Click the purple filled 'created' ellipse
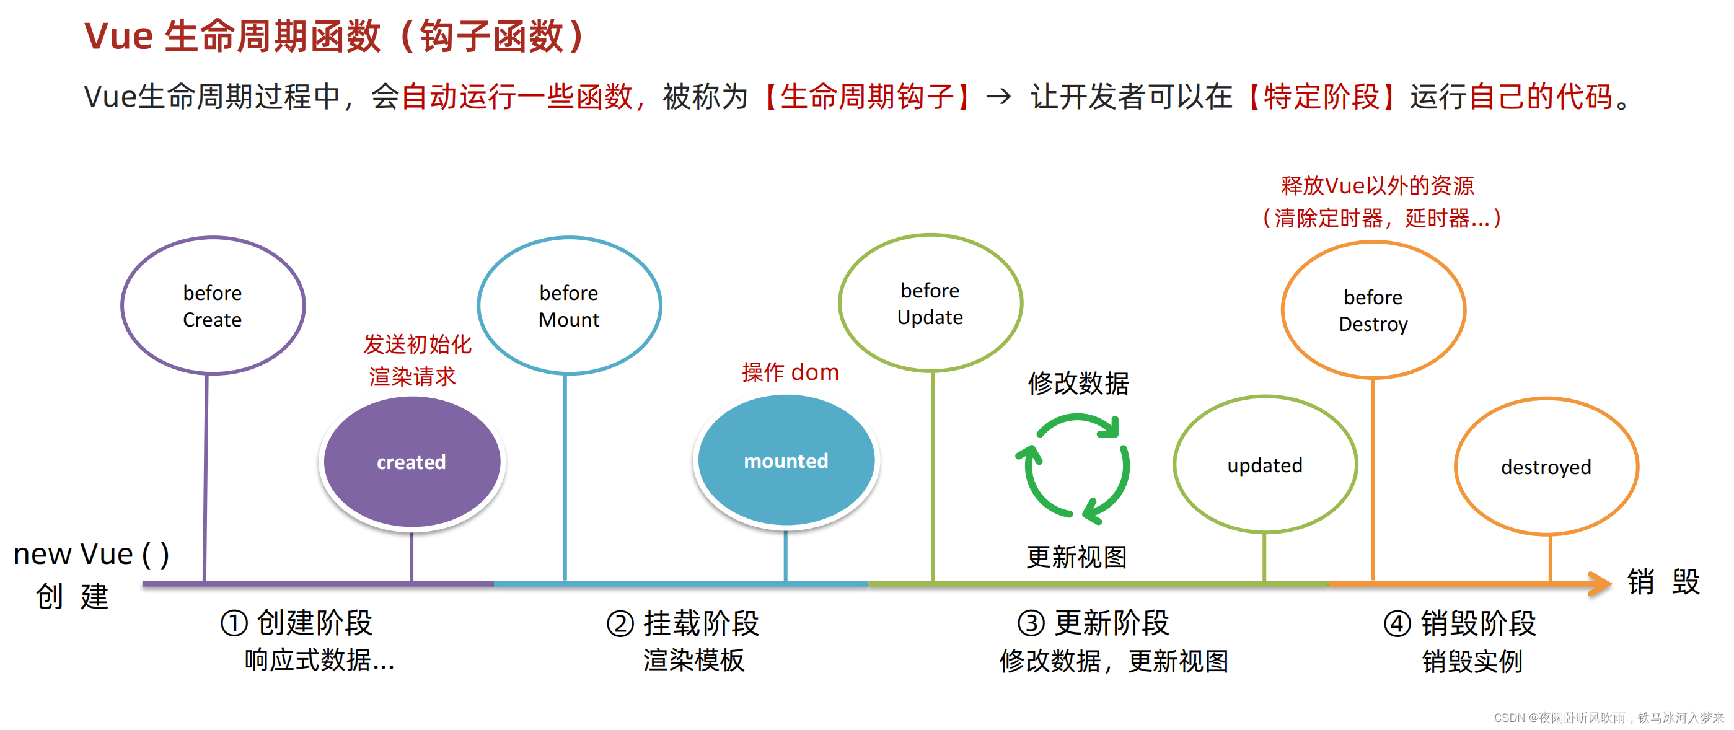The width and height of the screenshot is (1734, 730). pyautogui.click(x=411, y=462)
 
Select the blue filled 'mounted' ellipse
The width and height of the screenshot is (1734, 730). pyautogui.click(x=786, y=460)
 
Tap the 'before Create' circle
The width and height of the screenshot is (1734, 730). pyautogui.click(x=213, y=306)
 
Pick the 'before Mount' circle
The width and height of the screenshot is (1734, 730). pyautogui.click(x=569, y=306)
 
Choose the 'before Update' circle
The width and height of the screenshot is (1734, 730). pyautogui.click(x=930, y=303)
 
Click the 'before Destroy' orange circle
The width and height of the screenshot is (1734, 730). pyautogui.click(x=1373, y=310)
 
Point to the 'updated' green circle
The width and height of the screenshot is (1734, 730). pyautogui.click(x=1265, y=464)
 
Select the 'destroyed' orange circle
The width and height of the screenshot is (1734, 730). pyautogui.click(x=1546, y=466)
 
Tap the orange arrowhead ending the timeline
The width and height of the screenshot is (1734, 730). pyautogui.click(x=1600, y=583)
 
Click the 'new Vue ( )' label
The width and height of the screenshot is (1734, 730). pyautogui.click(x=91, y=554)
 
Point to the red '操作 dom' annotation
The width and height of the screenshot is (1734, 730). pyautogui.click(x=790, y=372)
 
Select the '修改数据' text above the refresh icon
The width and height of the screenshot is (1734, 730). pyautogui.click(x=1078, y=383)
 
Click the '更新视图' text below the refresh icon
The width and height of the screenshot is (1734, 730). pyautogui.click(x=1076, y=556)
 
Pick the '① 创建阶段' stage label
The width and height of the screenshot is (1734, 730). pyautogui.click(x=296, y=622)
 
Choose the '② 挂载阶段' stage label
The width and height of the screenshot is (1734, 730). pyautogui.click(x=682, y=623)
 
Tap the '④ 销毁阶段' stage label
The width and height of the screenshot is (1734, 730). pyautogui.click(x=1459, y=623)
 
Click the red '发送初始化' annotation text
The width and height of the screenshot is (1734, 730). pyautogui.click(x=417, y=344)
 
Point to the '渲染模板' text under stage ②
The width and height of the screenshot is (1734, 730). pyautogui.click(x=693, y=659)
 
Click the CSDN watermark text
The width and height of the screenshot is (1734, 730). pyautogui.click(x=1608, y=717)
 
